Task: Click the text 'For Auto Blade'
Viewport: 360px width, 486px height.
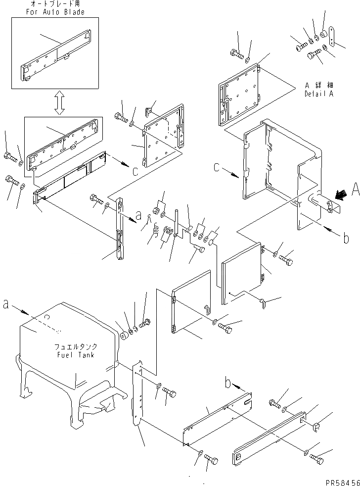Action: coord(54,12)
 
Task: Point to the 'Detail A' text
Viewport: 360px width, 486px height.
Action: coord(319,94)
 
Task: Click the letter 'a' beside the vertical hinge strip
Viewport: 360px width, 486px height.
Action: coord(139,216)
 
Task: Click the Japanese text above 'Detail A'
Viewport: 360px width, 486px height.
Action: coord(319,85)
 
